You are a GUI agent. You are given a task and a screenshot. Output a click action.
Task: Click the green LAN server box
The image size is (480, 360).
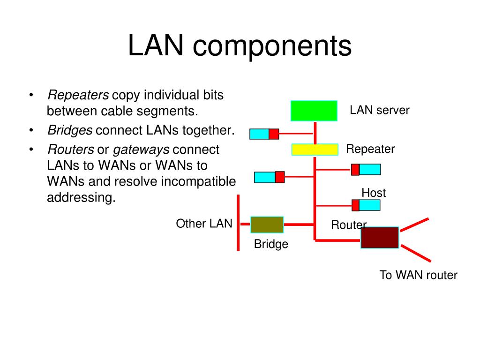tap(314, 111)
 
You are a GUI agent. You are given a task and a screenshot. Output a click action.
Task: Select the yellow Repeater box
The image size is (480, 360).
tap(315, 150)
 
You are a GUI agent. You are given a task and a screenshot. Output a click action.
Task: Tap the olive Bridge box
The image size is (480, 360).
tap(267, 225)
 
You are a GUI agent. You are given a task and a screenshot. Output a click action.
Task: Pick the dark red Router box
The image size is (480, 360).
tap(380, 238)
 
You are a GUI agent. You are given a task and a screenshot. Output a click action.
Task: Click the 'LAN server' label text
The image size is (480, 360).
tap(379, 110)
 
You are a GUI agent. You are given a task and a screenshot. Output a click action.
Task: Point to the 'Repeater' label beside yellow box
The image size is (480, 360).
tap(370, 149)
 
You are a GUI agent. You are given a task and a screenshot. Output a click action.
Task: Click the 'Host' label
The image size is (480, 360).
tap(374, 193)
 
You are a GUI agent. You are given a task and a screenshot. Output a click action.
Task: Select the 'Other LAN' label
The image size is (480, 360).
tap(204, 224)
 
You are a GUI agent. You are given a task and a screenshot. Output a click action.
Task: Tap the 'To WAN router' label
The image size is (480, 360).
tap(418, 275)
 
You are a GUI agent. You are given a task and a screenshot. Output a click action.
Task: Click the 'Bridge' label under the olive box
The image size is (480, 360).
tap(271, 244)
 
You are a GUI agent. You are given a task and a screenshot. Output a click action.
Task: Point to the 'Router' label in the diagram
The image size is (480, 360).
tap(349, 225)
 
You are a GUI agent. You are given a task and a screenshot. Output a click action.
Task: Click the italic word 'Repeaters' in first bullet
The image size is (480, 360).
tap(78, 95)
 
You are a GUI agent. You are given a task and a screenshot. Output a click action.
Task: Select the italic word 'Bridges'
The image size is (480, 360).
tap(70, 131)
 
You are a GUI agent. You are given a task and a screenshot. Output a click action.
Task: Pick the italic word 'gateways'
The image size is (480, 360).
tap(141, 150)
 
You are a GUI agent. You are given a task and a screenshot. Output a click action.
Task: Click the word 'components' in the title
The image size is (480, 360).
tap(272, 46)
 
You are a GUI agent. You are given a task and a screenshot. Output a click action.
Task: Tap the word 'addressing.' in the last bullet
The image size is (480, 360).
tap(81, 198)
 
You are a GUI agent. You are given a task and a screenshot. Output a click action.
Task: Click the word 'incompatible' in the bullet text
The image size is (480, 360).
tap(198, 181)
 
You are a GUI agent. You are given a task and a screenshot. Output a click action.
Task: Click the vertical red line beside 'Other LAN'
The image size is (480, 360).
tap(238, 223)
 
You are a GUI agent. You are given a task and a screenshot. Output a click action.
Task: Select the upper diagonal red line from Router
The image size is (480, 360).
tap(414, 225)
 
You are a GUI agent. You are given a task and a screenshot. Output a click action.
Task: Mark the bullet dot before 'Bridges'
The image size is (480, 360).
tap(31, 130)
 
